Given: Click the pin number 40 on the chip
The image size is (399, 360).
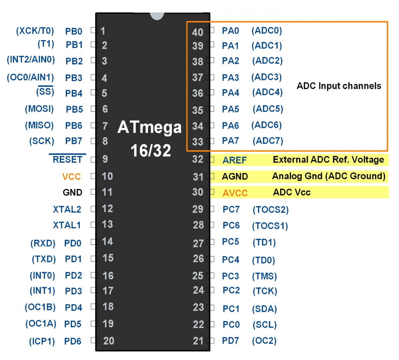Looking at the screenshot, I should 198,32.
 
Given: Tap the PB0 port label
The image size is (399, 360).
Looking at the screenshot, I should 73,32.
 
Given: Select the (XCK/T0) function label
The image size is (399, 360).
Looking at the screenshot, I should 35,31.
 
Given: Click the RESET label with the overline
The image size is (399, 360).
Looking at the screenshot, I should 67,160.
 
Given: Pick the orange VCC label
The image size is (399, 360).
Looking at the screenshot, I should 71,177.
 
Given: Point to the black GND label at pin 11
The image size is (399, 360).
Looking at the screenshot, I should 72,193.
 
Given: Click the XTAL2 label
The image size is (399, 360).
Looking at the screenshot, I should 67,210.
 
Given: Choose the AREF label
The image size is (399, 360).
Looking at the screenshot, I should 235,160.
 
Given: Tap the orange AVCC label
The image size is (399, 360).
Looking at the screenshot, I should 235,193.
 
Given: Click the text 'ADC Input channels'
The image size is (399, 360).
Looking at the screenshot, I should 339,86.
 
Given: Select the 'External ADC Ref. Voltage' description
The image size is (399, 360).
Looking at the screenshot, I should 329,160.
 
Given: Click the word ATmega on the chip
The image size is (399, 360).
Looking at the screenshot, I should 150,128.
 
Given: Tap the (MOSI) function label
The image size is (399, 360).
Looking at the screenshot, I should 39,109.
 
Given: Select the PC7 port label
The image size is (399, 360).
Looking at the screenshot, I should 231,210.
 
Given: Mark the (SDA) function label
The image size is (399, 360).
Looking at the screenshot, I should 265,309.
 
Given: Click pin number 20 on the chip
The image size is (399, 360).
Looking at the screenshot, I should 109,341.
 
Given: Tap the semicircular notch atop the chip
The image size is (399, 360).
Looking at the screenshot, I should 157,16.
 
